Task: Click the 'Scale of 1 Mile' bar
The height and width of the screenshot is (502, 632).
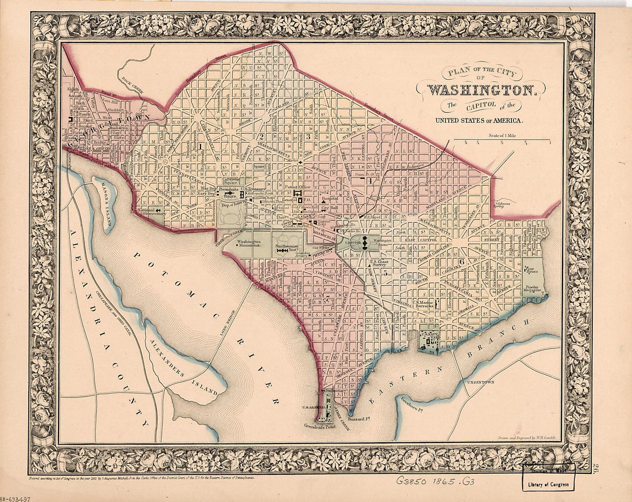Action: click(x=502, y=141)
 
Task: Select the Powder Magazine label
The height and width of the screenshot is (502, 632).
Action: click(x=533, y=288)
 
